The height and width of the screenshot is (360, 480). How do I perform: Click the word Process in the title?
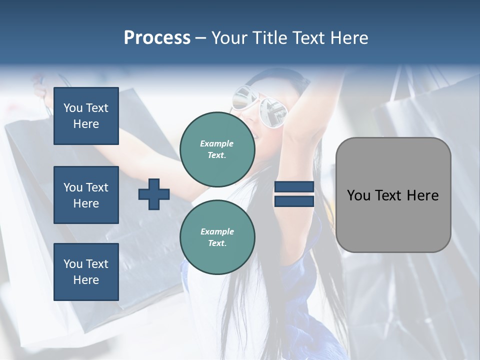pyautogui.click(x=157, y=38)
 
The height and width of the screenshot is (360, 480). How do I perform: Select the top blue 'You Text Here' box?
pyautogui.click(x=86, y=116)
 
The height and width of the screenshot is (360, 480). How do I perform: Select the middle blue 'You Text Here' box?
pyautogui.click(x=86, y=195)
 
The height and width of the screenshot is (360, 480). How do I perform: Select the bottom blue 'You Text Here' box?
pyautogui.click(x=86, y=272)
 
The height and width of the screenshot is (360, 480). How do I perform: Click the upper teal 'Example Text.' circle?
pyautogui.click(x=217, y=149)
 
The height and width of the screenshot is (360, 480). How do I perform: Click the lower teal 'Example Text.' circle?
pyautogui.click(x=217, y=237)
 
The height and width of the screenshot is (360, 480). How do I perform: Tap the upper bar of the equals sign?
pyautogui.click(x=294, y=187)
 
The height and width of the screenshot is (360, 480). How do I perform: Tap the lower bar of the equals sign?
pyautogui.click(x=294, y=201)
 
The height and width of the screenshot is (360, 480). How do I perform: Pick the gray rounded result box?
pyautogui.click(x=393, y=195)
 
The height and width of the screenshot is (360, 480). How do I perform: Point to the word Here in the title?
pyautogui.click(x=348, y=38)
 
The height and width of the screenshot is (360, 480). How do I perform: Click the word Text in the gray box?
pyautogui.click(x=387, y=195)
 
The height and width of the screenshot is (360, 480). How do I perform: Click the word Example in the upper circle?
pyautogui.click(x=217, y=143)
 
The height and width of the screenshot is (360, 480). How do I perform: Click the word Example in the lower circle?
pyautogui.click(x=217, y=231)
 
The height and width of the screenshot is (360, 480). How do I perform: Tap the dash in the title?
pyautogui.click(x=201, y=38)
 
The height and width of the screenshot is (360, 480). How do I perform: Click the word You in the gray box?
pyautogui.click(x=358, y=195)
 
